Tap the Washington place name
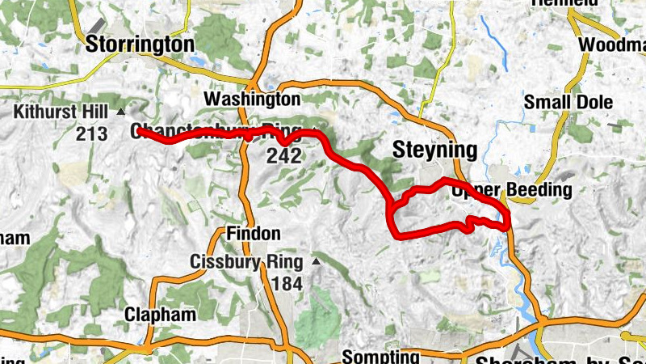[251, 99]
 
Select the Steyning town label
[434, 149]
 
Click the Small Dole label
[568, 103]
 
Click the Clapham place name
[160, 315]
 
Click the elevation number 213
[92, 133]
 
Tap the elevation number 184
[286, 283]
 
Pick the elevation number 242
[286, 155]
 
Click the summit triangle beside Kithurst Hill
[121, 112]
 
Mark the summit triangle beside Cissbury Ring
[316, 262]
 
